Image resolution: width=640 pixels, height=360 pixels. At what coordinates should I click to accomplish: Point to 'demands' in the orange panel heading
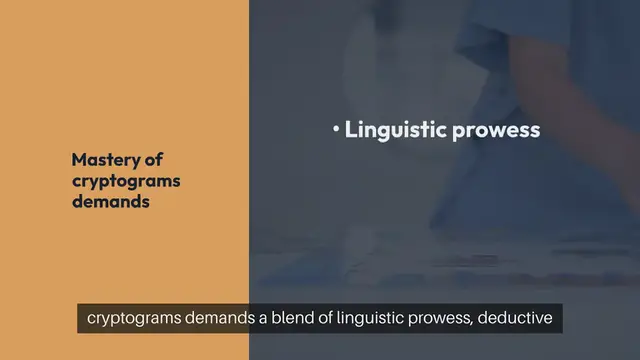tap(110, 200)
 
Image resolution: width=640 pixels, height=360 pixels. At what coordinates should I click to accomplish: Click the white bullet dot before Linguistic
tap(336, 130)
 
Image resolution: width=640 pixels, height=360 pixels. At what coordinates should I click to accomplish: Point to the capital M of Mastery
tap(79, 160)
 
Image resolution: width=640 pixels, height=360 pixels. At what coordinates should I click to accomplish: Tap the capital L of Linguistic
tap(351, 130)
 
